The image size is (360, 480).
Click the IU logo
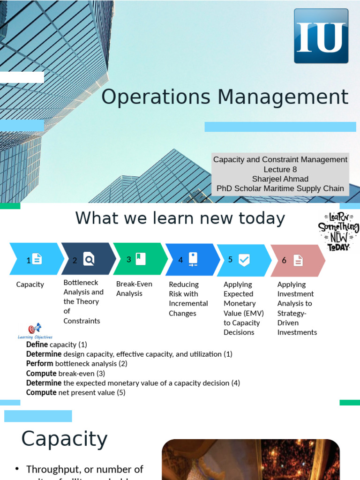coord(321,36)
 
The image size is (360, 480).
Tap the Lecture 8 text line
coord(280,169)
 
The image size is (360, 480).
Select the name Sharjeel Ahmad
coord(280,179)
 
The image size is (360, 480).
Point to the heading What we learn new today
coord(180,218)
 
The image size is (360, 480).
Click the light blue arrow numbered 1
coord(35,259)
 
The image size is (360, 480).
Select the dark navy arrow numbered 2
coord(87,259)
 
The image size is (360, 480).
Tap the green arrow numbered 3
coord(139,259)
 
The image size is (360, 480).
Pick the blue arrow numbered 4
coord(191,259)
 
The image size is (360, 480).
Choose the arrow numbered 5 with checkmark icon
coord(242,260)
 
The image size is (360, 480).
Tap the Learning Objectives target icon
coord(35,329)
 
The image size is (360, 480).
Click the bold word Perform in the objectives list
coord(40,363)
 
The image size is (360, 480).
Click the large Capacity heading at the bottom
coord(64,439)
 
